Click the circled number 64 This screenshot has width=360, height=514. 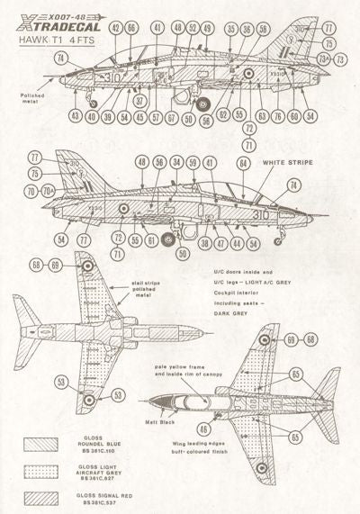pos(243,163)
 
